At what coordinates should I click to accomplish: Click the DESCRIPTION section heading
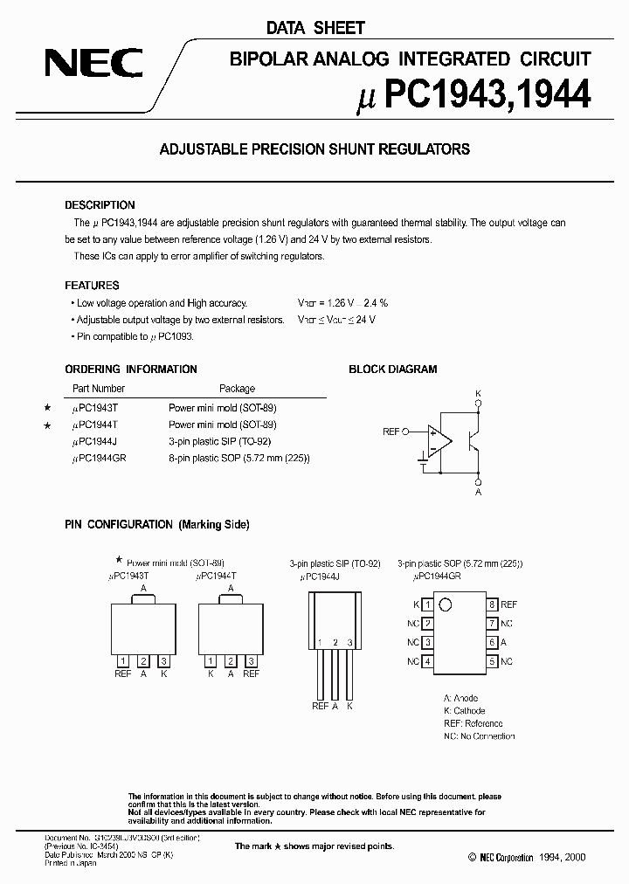100,205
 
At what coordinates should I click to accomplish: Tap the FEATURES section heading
92,286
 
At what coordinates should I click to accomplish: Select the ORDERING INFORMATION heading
131,369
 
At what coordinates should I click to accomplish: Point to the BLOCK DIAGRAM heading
393,369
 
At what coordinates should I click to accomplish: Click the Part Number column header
99,389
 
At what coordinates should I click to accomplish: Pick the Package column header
237,389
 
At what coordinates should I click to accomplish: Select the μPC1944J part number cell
98,442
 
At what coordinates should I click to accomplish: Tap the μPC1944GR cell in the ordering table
100,459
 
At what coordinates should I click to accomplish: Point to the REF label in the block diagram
391,432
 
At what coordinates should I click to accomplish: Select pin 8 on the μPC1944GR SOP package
493,604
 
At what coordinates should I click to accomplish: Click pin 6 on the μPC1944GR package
493,642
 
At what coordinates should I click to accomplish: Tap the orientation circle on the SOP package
445,604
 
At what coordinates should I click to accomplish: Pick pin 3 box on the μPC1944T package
251,661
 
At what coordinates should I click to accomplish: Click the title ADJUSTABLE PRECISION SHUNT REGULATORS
314,149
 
